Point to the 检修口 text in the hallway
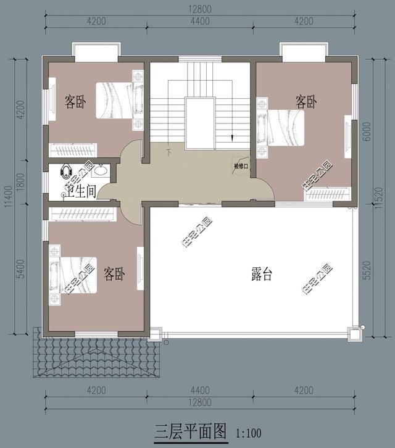click(x=241, y=166)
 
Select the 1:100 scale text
click(x=248, y=432)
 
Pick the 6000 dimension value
click(x=368, y=131)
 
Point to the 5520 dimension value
click(x=368, y=270)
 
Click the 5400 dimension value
click(x=21, y=269)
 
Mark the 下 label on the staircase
click(x=168, y=152)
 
